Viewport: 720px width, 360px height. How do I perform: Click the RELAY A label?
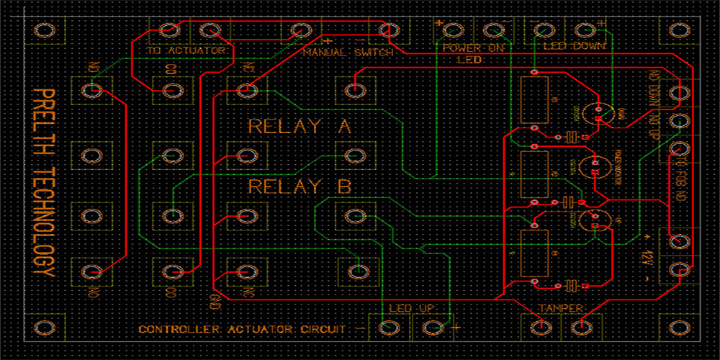pyautogui.click(x=299, y=127)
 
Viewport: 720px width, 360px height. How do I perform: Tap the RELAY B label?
pyautogui.click(x=299, y=187)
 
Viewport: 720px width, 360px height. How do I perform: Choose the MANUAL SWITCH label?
pyautogui.click(x=348, y=53)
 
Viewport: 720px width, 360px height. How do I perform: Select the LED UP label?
pyautogui.click(x=412, y=309)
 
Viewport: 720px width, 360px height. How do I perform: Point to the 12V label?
pyautogui.click(x=647, y=256)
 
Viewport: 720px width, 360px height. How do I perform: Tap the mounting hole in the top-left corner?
pyautogui.click(x=45, y=30)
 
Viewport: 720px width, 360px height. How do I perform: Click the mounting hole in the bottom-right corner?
pyautogui.click(x=678, y=328)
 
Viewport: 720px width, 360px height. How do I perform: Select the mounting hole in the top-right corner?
pyautogui.click(x=678, y=30)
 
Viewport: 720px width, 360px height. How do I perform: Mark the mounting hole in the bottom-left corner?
pyautogui.click(x=45, y=328)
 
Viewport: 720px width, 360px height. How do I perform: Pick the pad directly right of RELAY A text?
pyautogui.click(x=354, y=155)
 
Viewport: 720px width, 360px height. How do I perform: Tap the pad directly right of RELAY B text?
pyautogui.click(x=354, y=215)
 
